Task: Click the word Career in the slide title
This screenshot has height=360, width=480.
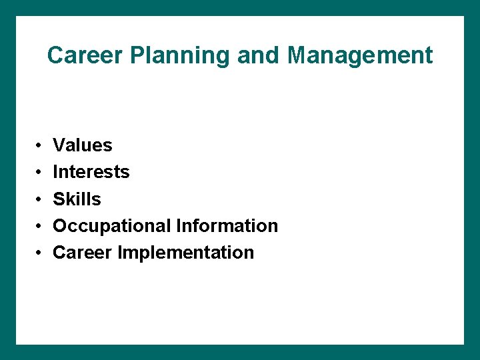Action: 79,55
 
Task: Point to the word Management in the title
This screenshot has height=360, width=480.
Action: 360,56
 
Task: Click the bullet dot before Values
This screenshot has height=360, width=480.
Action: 40,145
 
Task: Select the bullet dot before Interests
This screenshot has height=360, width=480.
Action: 40,173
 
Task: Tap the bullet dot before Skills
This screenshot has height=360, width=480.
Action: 40,199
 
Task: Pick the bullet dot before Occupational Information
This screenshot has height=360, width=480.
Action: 40,226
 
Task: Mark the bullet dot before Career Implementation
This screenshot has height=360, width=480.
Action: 40,253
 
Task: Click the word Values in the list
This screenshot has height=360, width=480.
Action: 83,145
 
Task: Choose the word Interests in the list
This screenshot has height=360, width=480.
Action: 91,172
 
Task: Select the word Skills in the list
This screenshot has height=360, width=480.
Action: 77,199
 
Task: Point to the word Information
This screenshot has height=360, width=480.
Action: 227,225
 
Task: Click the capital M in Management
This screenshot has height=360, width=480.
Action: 297,55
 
